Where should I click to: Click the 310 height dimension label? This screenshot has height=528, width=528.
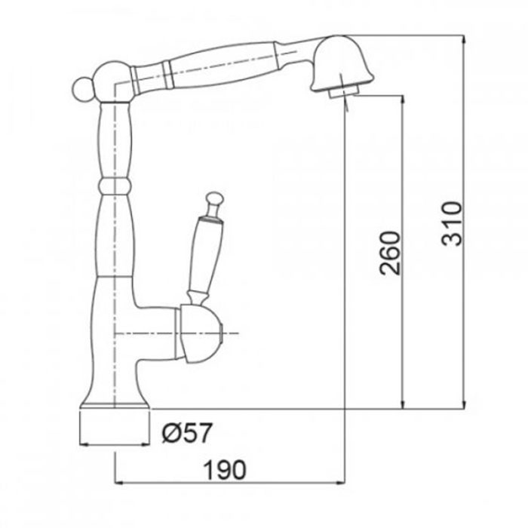[x=451, y=223]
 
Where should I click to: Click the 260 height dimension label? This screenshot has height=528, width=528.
[x=390, y=253]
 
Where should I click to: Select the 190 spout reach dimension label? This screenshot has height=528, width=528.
[x=226, y=470]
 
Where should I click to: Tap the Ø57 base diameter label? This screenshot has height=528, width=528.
[x=187, y=432]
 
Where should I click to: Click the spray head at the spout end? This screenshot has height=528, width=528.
[x=342, y=64]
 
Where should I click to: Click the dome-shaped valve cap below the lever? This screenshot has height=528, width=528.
[x=201, y=333]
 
